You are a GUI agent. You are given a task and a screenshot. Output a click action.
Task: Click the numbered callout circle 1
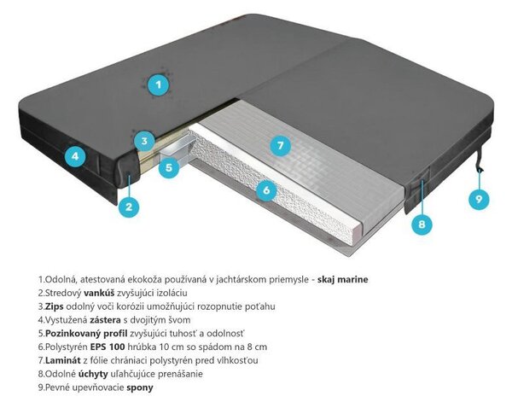[159, 85]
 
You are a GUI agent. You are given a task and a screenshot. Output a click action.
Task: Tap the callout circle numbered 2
[129, 207]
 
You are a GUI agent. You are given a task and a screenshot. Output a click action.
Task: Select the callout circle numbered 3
[144, 141]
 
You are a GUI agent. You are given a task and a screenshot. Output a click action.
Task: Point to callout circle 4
[75, 156]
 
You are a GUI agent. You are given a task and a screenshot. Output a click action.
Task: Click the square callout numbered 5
[169, 167]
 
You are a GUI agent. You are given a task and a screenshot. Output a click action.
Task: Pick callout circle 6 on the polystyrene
[266, 189]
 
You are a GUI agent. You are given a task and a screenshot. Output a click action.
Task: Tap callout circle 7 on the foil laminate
[281, 145]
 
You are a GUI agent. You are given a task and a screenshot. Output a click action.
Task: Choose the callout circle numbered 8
[422, 224]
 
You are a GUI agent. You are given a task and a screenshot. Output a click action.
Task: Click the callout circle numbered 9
[479, 199]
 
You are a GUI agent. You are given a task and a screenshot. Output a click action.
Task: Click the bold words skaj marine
[342, 279]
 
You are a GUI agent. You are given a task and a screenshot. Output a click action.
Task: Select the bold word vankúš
[99, 293]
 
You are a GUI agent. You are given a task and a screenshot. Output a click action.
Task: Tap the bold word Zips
[55, 306]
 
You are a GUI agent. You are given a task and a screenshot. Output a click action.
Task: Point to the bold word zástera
[105, 320]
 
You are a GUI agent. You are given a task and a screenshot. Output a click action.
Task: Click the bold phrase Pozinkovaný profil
[86, 334]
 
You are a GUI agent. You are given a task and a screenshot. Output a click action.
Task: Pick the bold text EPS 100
[108, 347]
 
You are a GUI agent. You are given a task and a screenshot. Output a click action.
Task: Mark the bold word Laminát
[62, 360]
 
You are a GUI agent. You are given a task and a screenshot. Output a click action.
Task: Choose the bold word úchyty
[93, 374]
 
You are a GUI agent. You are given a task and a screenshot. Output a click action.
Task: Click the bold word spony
[140, 388]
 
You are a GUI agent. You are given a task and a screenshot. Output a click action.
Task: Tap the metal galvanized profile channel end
[179, 147]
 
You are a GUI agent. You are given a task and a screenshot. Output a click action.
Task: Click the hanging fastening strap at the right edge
[479, 157]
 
